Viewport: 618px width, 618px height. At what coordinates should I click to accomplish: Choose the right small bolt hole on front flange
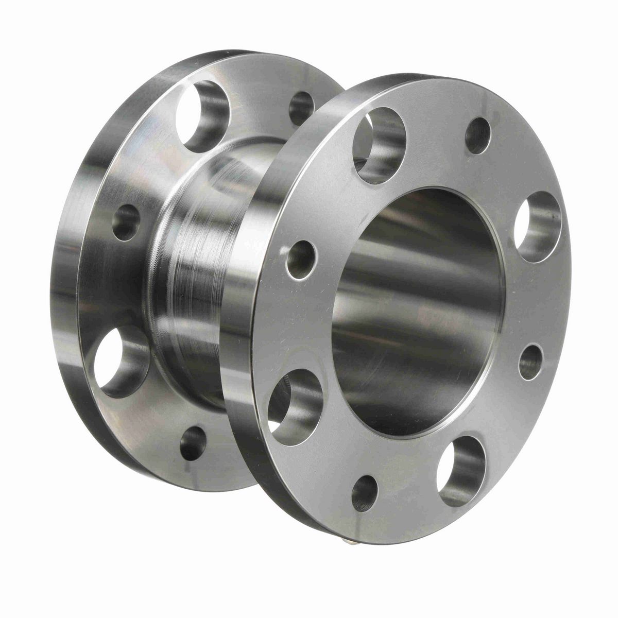(x=531, y=362)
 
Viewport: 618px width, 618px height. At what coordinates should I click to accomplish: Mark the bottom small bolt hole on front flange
(x=365, y=493)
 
